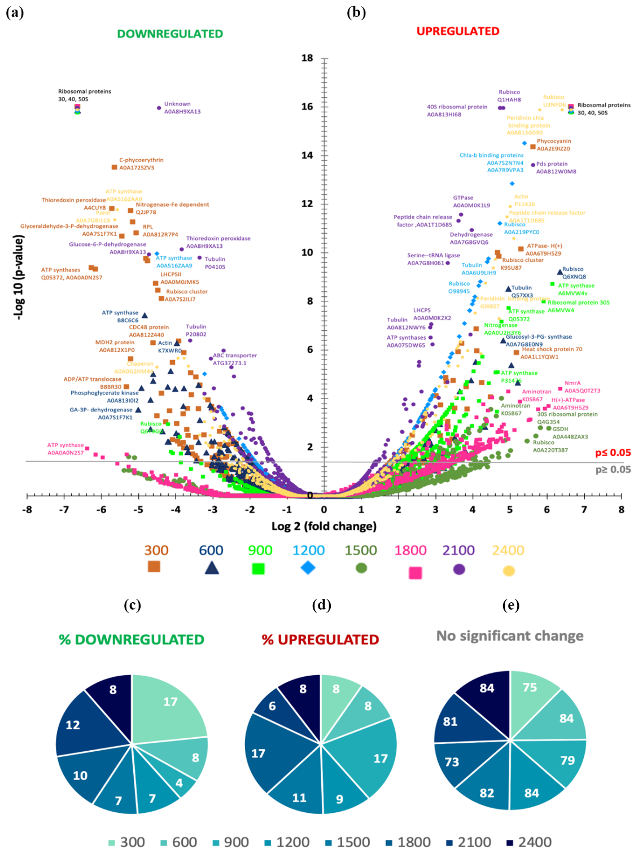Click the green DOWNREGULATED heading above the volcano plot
point(170,34)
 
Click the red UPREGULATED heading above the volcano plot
point(458,32)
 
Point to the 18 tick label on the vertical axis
point(307,58)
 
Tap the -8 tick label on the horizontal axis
point(27,510)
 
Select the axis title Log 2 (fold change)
point(324,527)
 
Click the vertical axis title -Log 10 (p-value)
point(19,278)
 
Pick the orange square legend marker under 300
point(154,566)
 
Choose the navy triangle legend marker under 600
point(212,567)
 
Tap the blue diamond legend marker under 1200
point(308,567)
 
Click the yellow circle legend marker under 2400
point(509,571)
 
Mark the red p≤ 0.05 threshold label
point(613,453)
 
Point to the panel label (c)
point(132,605)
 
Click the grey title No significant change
point(510,636)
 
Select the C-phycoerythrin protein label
point(141,160)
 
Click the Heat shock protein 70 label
point(552,349)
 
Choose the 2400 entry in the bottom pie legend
point(529,842)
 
